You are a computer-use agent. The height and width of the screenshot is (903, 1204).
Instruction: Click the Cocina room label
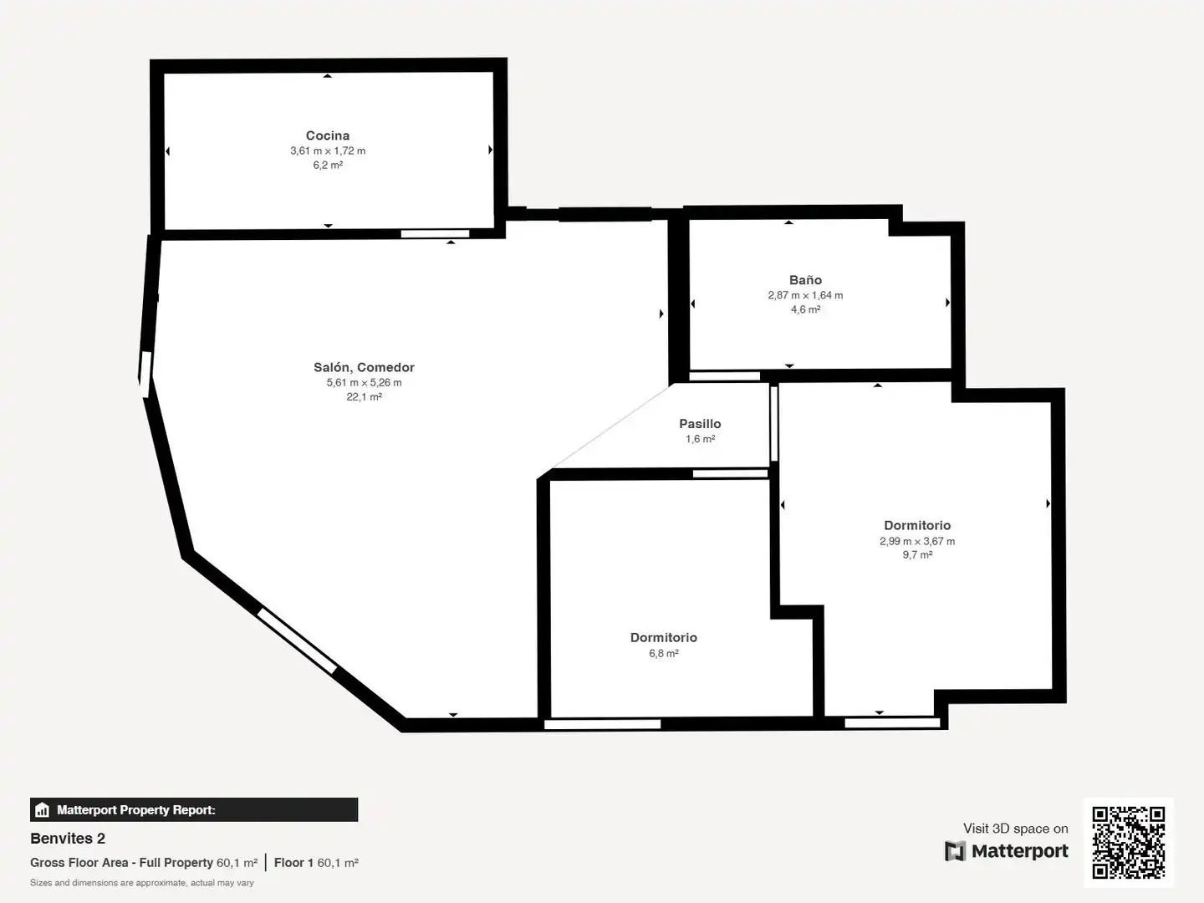(x=328, y=135)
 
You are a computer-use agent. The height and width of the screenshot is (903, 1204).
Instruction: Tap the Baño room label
(x=805, y=279)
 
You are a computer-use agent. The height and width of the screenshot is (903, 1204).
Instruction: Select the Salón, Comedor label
(x=364, y=367)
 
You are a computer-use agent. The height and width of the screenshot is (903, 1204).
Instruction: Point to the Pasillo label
(x=700, y=423)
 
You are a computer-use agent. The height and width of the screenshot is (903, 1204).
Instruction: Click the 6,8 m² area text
(x=664, y=653)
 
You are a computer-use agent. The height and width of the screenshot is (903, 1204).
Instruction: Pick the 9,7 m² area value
(x=918, y=555)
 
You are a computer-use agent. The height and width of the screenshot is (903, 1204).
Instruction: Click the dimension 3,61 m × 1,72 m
(x=328, y=150)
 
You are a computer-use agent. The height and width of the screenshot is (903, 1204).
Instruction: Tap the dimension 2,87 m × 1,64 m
(x=805, y=295)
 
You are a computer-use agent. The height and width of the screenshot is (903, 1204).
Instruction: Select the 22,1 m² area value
(x=364, y=396)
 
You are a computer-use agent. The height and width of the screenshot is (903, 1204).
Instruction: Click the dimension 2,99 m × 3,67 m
(x=917, y=541)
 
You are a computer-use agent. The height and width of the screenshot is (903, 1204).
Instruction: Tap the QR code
(x=1128, y=843)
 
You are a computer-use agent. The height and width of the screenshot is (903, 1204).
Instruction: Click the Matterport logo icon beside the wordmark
(x=955, y=851)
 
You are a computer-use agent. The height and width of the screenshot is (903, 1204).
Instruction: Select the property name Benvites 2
(x=68, y=839)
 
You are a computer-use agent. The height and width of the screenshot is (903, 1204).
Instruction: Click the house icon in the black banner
(x=43, y=810)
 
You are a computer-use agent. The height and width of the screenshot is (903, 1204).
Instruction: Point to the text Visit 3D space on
(x=1015, y=829)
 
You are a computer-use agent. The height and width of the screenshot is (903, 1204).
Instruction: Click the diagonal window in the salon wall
(x=297, y=640)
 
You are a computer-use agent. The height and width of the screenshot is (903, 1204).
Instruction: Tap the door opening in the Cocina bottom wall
(x=435, y=234)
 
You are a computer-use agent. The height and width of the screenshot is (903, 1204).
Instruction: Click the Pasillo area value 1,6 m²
(x=700, y=439)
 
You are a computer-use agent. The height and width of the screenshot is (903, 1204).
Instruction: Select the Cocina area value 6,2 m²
(x=328, y=165)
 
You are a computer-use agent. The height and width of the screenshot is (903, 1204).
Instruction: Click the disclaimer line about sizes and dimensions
(x=142, y=883)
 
